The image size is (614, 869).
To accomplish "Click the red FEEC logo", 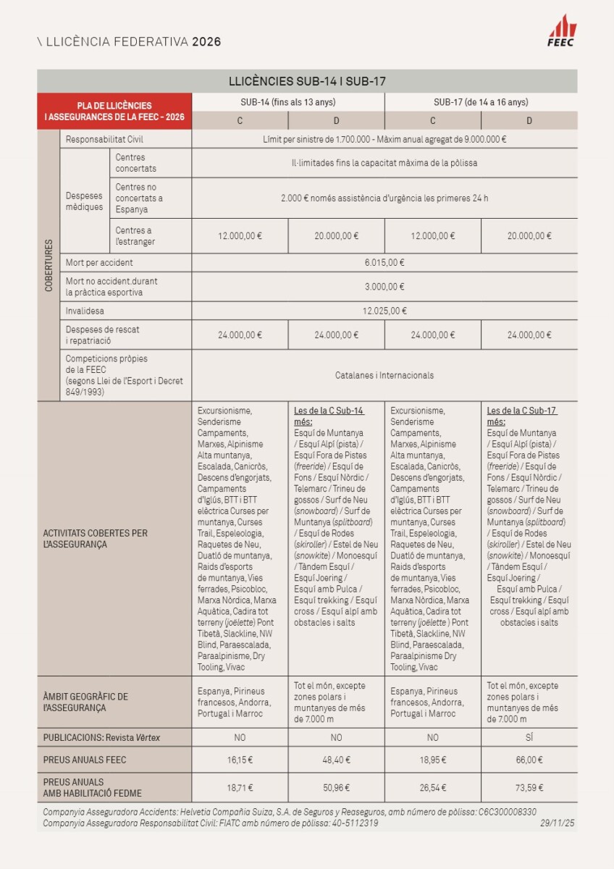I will (x=562, y=30).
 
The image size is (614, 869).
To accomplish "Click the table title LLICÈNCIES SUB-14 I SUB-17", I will (x=307, y=81).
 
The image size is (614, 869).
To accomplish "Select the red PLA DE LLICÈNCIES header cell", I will (x=114, y=111).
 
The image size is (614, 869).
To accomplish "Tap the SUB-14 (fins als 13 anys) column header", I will (x=288, y=102).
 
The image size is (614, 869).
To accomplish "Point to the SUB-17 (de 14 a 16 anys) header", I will (x=481, y=102).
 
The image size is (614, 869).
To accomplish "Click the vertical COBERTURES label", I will (x=49, y=265).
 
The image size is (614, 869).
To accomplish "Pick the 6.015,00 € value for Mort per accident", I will (x=384, y=263).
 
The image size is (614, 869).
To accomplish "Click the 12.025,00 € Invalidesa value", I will (x=384, y=311).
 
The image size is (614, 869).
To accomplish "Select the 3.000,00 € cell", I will (x=384, y=287).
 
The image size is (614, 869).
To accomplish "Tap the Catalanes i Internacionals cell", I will (x=384, y=375).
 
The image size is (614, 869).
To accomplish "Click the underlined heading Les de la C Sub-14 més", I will (x=328, y=416).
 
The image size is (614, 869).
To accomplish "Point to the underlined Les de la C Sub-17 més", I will (x=521, y=416).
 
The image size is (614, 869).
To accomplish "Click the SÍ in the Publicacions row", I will (x=529, y=738).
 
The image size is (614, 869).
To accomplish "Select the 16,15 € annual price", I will (x=240, y=760).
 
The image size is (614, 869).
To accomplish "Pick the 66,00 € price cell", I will (x=529, y=760).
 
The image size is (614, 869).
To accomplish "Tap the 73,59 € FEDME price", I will (x=529, y=788).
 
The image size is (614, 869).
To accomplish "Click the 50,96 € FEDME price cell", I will (x=336, y=788).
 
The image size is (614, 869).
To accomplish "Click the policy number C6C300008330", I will (x=507, y=813).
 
